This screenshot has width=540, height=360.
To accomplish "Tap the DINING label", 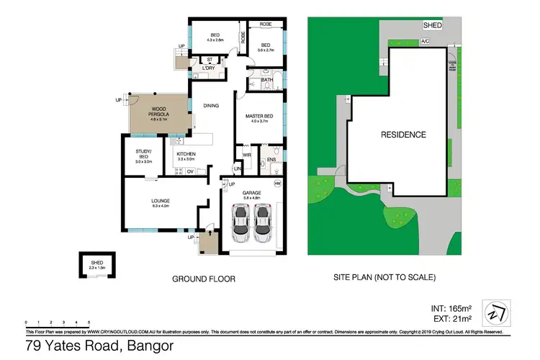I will [210, 106].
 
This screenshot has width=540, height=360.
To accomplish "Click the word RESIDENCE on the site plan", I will [403, 135].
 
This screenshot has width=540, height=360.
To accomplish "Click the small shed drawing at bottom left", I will [96, 266].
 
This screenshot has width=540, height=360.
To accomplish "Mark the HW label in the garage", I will [277, 183].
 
